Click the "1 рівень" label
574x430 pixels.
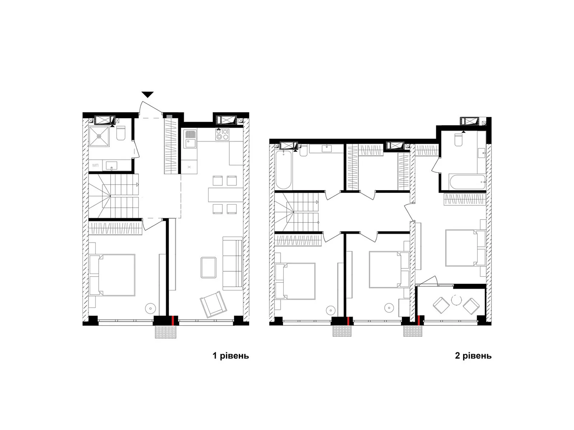coord(231,355)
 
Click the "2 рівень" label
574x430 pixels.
coord(473,355)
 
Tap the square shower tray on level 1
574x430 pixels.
coord(99,136)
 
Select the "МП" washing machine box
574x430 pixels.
coord(95,165)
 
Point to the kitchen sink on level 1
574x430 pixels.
coord(190,139)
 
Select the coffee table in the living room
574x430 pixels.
coord(208,268)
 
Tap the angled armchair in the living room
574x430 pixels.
coord(213,305)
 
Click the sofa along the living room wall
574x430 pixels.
coord(232,263)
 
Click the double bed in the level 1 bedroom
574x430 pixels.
coord(112,275)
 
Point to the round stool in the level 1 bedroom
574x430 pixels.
coord(151,308)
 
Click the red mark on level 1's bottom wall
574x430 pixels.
coord(173,320)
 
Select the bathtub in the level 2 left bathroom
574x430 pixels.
coord(283,169)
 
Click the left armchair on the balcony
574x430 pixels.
coord(441,305)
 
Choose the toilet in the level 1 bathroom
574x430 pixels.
coord(121,133)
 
